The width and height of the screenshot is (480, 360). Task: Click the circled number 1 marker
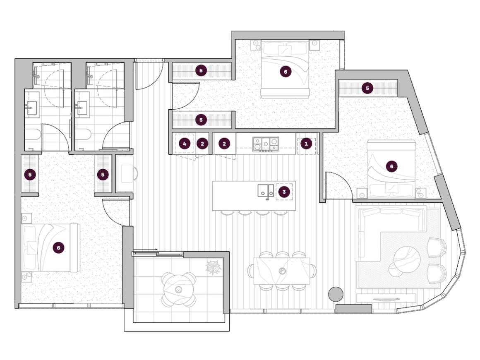(x=306, y=144)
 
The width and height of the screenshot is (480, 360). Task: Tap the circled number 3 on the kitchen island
(x=284, y=192)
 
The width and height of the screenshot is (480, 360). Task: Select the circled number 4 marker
(x=184, y=144)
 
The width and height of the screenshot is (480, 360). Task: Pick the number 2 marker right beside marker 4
(x=202, y=144)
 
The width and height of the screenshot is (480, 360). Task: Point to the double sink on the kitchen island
(x=265, y=190)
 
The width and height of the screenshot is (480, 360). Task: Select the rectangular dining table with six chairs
(x=282, y=271)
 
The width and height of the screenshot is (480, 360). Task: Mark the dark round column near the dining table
(x=336, y=294)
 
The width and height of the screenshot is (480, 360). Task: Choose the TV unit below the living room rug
(x=386, y=298)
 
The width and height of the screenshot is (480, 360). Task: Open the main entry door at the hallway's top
(x=150, y=74)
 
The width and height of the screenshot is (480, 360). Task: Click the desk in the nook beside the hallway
(x=124, y=174)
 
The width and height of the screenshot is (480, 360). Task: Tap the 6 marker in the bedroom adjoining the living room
(x=391, y=166)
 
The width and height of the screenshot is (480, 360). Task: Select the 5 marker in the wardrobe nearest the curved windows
(x=367, y=88)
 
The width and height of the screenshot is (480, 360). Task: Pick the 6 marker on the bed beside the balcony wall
(x=58, y=247)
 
